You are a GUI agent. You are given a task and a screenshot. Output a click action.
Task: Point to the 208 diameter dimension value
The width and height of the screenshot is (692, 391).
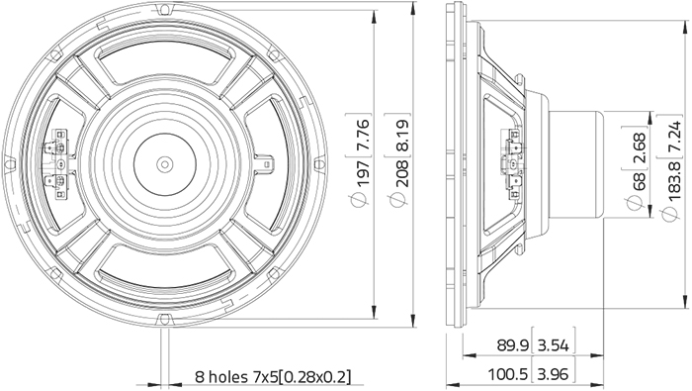[x=399, y=172]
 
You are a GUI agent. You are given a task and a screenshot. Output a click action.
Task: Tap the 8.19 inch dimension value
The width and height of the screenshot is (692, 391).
[x=399, y=133]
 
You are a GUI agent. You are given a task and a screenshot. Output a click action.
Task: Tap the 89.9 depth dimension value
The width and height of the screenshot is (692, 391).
[x=512, y=345]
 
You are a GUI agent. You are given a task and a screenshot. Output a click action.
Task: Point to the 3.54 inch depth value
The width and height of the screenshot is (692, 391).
[x=554, y=345]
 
